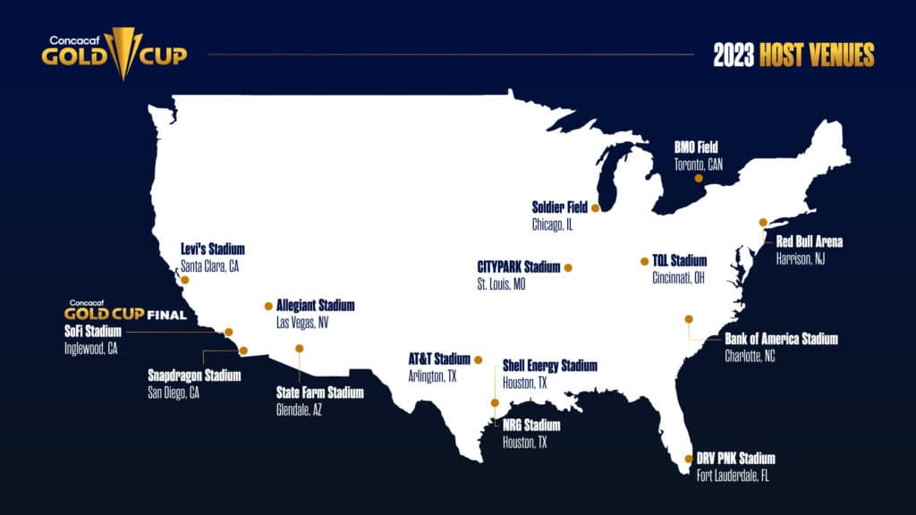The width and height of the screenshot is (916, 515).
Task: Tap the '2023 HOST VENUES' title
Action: [x=793, y=55]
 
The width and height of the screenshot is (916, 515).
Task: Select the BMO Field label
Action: [x=698, y=147]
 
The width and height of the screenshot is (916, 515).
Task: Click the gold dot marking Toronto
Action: [x=699, y=178]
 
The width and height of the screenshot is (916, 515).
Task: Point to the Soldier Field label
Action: [x=560, y=207]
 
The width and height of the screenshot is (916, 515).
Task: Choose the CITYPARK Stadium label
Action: [x=519, y=266]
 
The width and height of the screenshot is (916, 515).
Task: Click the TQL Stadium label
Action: [x=679, y=261]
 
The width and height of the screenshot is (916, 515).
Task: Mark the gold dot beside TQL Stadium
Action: [x=644, y=261]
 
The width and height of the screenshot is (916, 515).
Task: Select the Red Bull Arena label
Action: [x=809, y=241]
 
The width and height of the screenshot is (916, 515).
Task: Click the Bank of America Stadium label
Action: [x=781, y=339]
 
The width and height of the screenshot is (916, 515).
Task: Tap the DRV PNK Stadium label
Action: [x=736, y=459]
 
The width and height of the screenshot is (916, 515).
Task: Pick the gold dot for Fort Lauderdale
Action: [x=688, y=459]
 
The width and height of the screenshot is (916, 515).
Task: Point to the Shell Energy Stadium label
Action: [x=549, y=366]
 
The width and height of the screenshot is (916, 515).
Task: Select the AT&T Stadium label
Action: [x=439, y=359]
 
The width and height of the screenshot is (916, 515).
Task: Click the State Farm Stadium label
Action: [x=320, y=393]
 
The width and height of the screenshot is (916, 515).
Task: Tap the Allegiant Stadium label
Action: [x=315, y=306]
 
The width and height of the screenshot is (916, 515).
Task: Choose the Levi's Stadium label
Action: [x=212, y=249]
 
